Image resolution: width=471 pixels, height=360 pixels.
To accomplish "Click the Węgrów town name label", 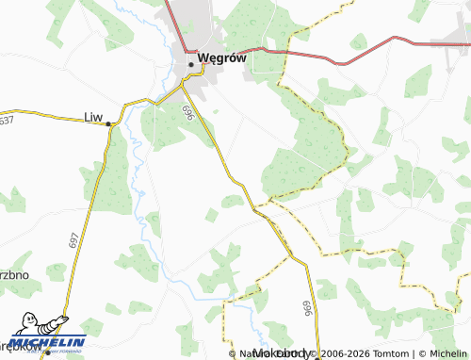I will point(222,57).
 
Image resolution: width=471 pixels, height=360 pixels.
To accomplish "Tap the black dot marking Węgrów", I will point(191,63).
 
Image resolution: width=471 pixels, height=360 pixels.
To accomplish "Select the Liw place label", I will point(93,116).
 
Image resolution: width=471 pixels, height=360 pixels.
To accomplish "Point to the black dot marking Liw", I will point(109,123).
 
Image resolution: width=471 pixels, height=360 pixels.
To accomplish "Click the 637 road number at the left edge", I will point(7,121).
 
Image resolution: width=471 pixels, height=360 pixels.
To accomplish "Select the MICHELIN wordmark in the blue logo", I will point(49,342).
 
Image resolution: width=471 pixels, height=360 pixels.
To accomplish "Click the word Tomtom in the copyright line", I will point(389,353).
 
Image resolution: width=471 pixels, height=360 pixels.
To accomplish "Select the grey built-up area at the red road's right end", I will point(450,42).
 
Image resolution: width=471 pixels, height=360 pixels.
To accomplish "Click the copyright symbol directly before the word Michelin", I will point(417,353).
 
